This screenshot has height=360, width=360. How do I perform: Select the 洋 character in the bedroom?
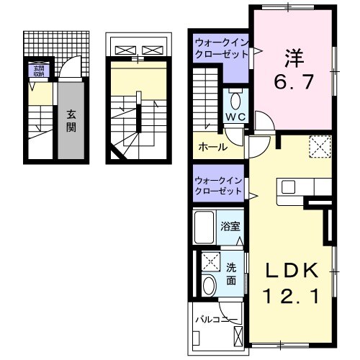pos(293,55)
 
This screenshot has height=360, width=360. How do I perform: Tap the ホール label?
pos(213,147)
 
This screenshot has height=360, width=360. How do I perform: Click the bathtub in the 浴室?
pos(205,225)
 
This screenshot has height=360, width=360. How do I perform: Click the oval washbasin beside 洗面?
pos(210,285)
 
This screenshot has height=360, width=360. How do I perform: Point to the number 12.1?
pos(291,294)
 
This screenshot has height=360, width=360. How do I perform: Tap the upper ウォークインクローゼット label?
pos(219,51)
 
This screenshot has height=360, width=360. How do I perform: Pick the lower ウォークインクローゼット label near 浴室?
pos(219,186)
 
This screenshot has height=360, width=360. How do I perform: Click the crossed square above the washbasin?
pos(210,261)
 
